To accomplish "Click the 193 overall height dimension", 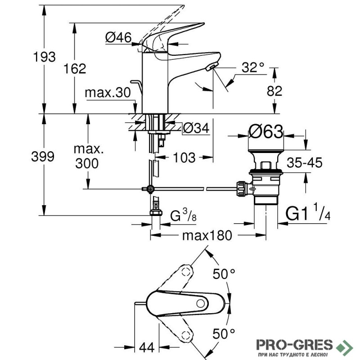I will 45,57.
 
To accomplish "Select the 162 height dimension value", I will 75,69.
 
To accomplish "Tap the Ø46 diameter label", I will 118,38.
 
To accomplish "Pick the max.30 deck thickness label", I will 108,93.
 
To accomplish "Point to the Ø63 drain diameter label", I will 266,133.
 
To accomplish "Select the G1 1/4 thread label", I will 310,213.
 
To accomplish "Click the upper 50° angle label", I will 224,274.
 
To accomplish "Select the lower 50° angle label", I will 224,333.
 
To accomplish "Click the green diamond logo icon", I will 346,346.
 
